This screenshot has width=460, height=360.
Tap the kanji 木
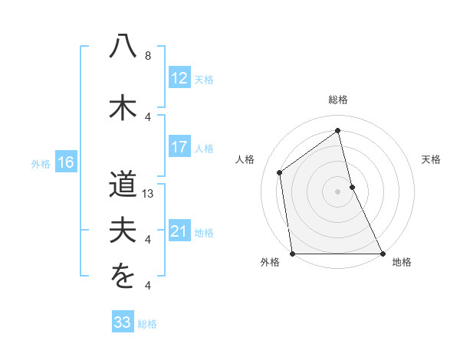[x=123, y=106]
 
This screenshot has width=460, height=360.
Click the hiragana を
[x=123, y=277]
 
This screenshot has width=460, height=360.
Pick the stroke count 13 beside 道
[x=148, y=194]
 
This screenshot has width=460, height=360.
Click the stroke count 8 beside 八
[x=148, y=56]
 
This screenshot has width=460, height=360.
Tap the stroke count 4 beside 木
[x=148, y=116]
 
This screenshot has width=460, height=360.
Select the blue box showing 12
[x=179, y=78]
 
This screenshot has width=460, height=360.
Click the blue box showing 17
[x=179, y=147]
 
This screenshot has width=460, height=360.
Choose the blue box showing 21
[x=179, y=231]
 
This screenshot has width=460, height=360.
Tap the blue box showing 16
[x=65, y=162]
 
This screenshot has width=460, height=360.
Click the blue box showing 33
[x=122, y=322]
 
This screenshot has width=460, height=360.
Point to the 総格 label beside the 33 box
[x=147, y=324]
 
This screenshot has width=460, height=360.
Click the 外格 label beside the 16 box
[x=41, y=163]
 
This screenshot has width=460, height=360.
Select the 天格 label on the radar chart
[x=431, y=159]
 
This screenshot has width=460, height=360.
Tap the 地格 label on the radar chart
[x=402, y=263]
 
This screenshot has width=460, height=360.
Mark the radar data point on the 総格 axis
[x=337, y=131]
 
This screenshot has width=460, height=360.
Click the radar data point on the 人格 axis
[x=280, y=172]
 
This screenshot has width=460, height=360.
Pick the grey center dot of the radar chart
[x=337, y=191]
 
